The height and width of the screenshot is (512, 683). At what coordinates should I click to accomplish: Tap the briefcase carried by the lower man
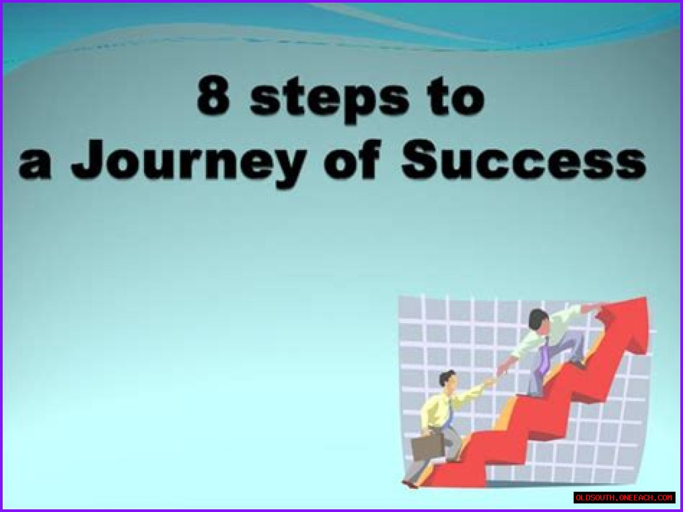click(x=427, y=447)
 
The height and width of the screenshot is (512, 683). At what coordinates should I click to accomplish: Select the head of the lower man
click(x=447, y=379)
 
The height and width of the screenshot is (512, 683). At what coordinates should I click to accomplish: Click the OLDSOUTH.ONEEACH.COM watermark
click(x=624, y=498)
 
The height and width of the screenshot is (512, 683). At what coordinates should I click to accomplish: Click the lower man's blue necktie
click(x=449, y=414)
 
